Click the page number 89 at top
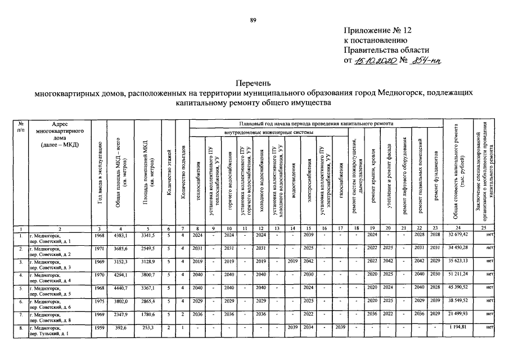click(x=253, y=20)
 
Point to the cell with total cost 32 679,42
click(x=457, y=235)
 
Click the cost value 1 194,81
click(x=460, y=327)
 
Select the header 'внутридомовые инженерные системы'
click(x=269, y=133)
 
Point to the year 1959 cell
click(x=99, y=327)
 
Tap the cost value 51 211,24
click(x=457, y=274)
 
